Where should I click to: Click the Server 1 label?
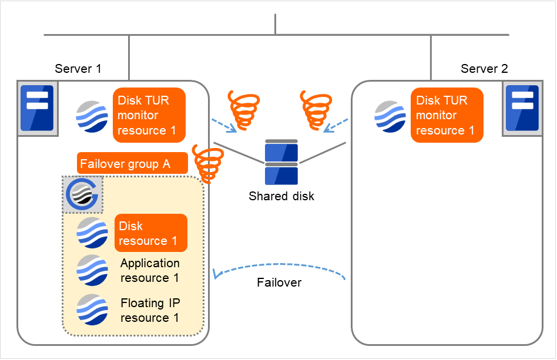[78, 69]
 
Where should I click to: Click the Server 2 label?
[484, 69]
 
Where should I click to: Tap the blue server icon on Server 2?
[522, 109]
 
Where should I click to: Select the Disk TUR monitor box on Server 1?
[149, 115]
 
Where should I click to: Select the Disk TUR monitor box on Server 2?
[447, 115]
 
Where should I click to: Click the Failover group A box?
[132, 164]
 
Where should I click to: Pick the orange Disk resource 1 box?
[150, 233]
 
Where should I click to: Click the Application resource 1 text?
[150, 270]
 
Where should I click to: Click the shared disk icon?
[281, 162]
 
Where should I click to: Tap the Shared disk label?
[281, 196]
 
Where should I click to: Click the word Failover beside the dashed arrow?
[279, 282]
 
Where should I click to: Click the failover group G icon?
[82, 194]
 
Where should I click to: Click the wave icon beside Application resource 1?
[92, 270]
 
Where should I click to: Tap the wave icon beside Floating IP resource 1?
[92, 309]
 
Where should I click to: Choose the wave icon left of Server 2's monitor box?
[390, 116]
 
